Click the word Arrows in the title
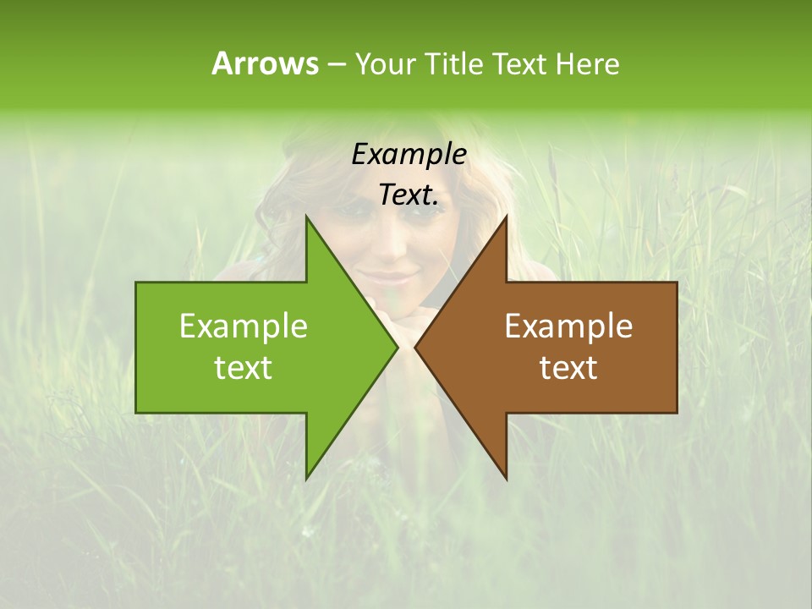tap(264, 63)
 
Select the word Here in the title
tap(587, 63)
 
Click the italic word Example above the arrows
tap(409, 154)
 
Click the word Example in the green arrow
tap(244, 326)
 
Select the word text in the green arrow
tap(244, 368)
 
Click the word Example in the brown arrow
tap(568, 326)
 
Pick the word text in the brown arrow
tap(568, 368)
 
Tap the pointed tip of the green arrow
tap(398, 347)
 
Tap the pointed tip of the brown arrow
tap(415, 347)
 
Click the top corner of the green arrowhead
tap(306, 217)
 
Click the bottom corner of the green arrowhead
tap(306, 479)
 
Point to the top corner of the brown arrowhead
tap(506, 217)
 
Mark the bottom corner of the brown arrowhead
tap(506, 479)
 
